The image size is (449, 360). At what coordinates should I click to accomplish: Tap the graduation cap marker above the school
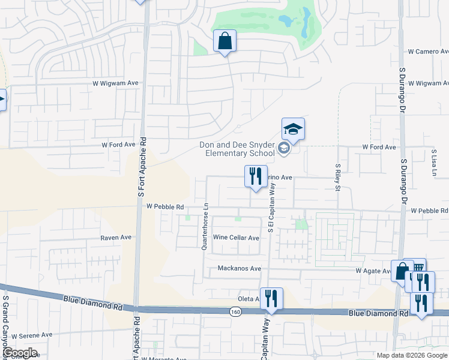click(293, 129)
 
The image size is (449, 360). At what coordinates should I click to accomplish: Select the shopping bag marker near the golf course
click(225, 41)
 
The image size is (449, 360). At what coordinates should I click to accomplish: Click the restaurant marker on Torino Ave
click(256, 176)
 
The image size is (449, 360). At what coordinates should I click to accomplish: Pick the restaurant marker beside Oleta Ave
click(271, 298)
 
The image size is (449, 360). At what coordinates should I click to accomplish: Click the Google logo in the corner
click(19, 353)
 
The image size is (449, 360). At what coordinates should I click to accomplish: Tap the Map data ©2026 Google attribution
click(411, 355)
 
